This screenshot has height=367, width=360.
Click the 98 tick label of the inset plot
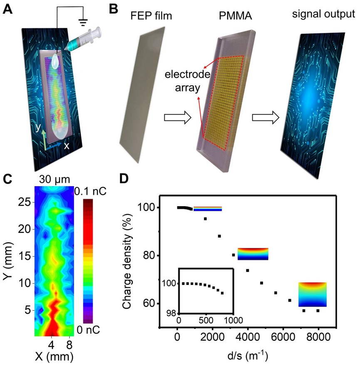pos(170,314)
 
